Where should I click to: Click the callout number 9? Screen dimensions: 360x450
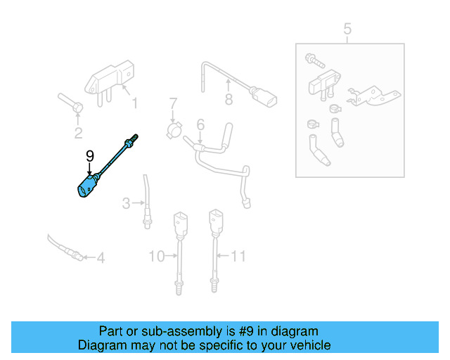point(89,155)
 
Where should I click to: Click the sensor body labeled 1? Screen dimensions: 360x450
point(106,82)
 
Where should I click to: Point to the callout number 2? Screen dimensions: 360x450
point(78,133)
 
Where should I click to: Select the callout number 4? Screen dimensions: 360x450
point(101,258)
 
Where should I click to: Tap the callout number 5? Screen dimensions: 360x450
point(347,29)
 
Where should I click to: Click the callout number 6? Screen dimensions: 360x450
point(200,124)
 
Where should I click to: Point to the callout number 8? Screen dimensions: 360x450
point(229,100)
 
